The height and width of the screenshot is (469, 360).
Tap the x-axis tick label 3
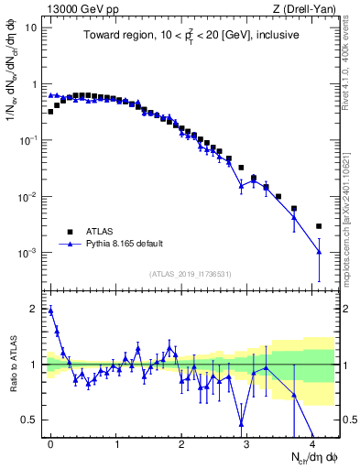click(x=247, y=443)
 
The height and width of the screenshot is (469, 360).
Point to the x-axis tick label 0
click(x=51, y=443)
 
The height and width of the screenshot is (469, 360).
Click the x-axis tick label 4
click(x=312, y=443)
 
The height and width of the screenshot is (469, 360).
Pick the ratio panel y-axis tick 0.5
click(x=31, y=420)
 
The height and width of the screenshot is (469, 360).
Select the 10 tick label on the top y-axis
click(x=31, y=27)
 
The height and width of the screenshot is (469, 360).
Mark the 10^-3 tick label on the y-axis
click(x=29, y=253)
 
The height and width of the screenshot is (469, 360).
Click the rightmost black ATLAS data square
click(x=319, y=226)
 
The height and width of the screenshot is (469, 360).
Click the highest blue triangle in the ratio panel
click(x=50, y=311)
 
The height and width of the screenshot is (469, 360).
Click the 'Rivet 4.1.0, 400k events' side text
click(x=352, y=64)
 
